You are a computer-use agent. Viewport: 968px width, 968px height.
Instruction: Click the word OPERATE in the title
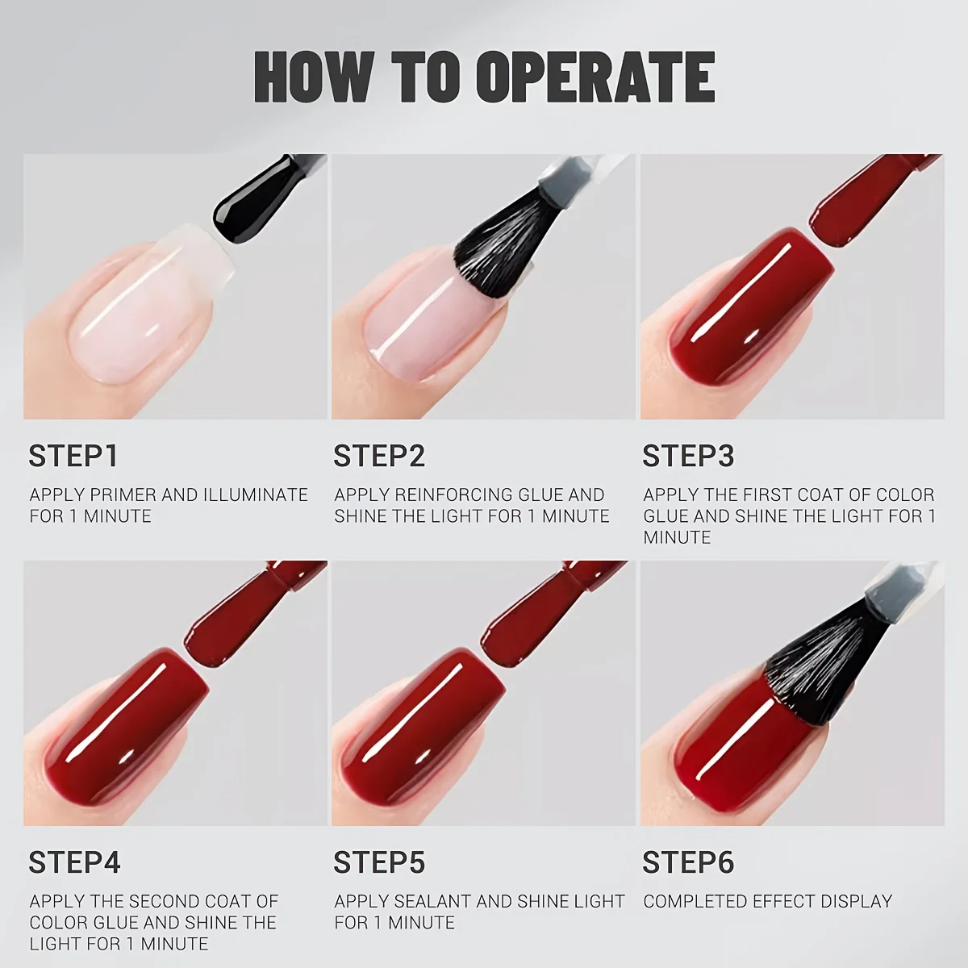click(x=595, y=77)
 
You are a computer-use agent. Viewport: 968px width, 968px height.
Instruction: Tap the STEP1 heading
click(x=73, y=457)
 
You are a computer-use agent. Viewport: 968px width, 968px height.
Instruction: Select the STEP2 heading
click(x=379, y=457)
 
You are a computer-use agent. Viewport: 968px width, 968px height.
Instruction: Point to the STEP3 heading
click(x=688, y=457)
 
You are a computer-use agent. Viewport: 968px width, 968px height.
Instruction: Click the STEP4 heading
click(x=74, y=863)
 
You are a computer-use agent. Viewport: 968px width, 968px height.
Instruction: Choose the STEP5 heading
click(x=379, y=863)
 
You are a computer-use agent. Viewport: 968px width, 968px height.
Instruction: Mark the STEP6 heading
click(x=688, y=863)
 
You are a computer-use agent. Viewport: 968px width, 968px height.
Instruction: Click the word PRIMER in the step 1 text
click(x=119, y=494)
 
